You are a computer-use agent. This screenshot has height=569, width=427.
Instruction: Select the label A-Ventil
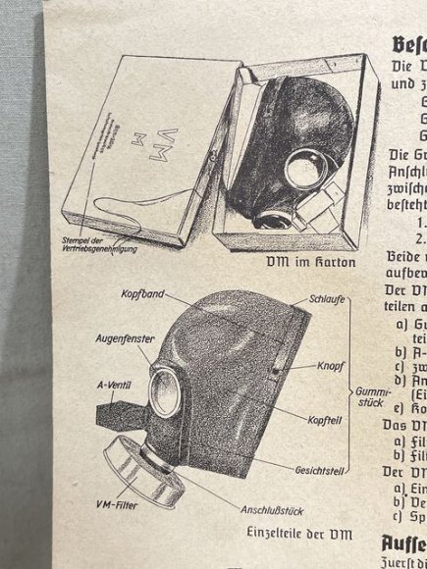coord(115,384)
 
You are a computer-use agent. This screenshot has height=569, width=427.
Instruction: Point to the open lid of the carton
coord(147,147)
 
